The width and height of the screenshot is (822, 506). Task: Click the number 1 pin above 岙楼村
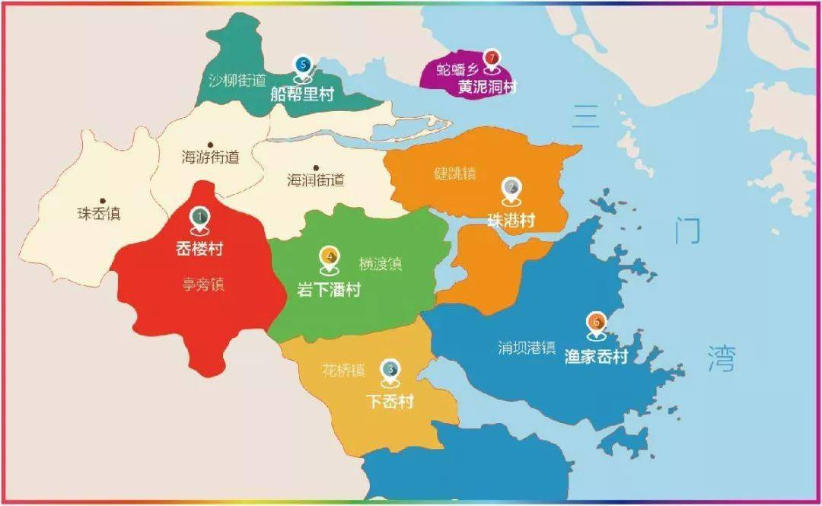pyautogui.click(x=199, y=219)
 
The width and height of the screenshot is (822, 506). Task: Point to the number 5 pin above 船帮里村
pyautogui.click(x=304, y=67)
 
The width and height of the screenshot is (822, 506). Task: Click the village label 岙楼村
pyautogui.click(x=199, y=249)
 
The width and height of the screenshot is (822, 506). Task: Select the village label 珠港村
pyautogui.click(x=511, y=220)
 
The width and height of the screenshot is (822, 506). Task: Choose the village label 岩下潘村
pyautogui.click(x=329, y=290)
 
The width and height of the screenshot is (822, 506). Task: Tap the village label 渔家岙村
pyautogui.click(x=597, y=356)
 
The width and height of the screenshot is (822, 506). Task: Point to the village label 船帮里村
pyautogui.click(x=302, y=94)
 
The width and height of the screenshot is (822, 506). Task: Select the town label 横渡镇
pyautogui.click(x=381, y=264)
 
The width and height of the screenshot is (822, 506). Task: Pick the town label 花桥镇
pyautogui.click(x=343, y=371)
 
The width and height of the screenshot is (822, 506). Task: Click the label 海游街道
pyautogui.click(x=210, y=158)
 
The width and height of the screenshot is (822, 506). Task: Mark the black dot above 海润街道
pyautogui.click(x=316, y=167)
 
